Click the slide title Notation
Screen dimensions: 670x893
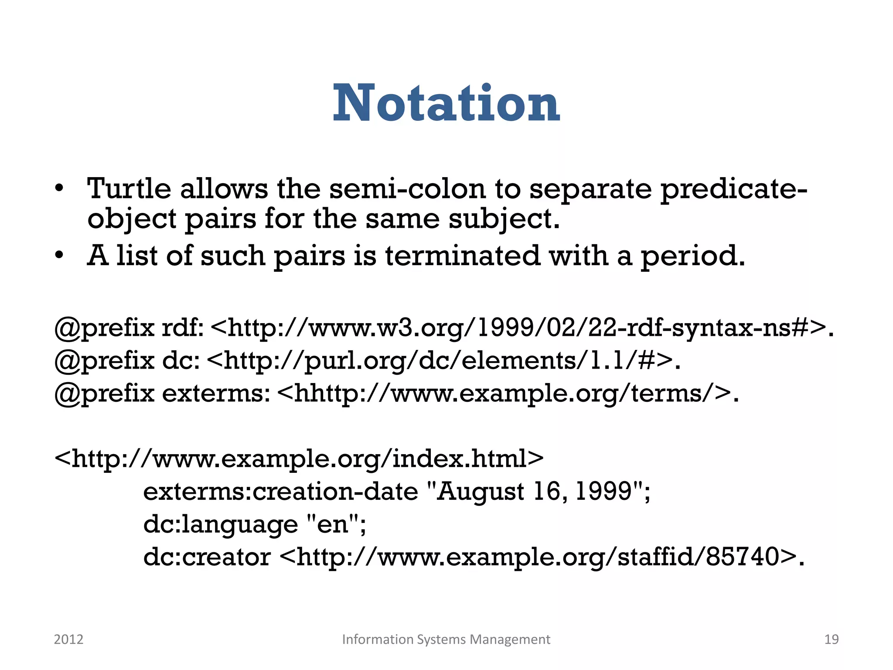(446, 104)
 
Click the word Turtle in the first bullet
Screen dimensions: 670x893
(129, 189)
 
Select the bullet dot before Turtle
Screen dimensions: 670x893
(60, 189)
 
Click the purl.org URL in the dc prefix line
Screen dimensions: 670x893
(440, 361)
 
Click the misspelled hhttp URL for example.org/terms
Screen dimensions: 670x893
(504, 393)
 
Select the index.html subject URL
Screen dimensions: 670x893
(299, 459)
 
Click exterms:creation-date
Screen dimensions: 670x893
(280, 492)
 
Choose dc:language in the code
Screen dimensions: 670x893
(221, 524)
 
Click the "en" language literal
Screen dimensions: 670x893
(334, 524)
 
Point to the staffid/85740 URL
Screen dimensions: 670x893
(538, 557)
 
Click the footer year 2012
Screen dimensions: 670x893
(68, 639)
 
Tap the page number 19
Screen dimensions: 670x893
(831, 639)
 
